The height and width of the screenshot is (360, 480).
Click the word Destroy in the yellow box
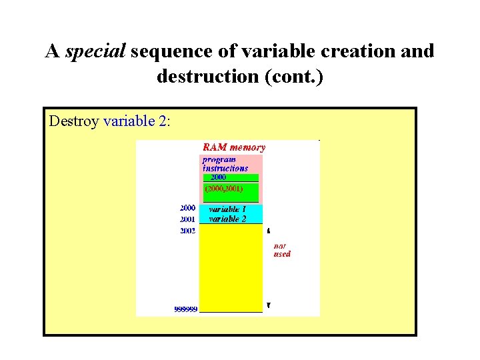[x=74, y=121]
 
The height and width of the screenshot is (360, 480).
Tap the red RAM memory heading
[x=233, y=147]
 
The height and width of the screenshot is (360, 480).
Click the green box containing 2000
[x=231, y=178]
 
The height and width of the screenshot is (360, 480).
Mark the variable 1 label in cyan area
[x=227, y=209]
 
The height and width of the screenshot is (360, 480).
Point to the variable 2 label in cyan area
[x=227, y=219]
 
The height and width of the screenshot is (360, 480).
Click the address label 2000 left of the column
[x=187, y=208]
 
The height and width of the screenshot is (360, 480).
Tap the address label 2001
[x=187, y=219]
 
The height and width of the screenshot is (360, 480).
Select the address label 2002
[x=187, y=231]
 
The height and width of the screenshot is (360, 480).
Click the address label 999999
[x=185, y=309]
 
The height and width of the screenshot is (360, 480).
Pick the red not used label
[x=282, y=250]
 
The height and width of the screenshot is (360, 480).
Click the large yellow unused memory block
[x=231, y=267]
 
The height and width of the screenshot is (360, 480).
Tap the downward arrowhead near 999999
[x=268, y=305]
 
